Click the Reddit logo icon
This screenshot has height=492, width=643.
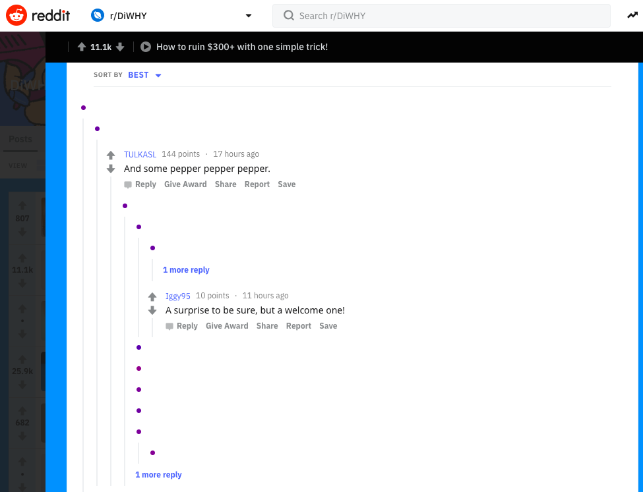16,15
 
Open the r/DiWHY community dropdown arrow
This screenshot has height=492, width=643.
249,16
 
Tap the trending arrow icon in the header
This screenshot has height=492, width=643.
632,15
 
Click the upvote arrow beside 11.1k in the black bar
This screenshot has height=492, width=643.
82,47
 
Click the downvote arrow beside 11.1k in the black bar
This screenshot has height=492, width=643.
120,47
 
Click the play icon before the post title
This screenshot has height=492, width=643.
146,47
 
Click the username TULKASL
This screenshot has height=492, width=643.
140,154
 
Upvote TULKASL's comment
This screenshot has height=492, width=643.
111,155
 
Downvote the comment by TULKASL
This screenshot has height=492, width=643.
111,169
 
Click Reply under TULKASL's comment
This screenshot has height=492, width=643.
145,184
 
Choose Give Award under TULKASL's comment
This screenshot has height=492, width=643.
185,184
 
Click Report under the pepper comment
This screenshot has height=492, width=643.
257,184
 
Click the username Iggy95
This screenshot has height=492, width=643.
178,296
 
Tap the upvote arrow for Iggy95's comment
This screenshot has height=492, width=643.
152,297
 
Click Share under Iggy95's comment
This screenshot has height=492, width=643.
267,326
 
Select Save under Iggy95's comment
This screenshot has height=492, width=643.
328,326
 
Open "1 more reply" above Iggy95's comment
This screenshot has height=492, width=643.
186,270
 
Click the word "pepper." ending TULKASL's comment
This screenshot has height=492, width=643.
255,169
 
